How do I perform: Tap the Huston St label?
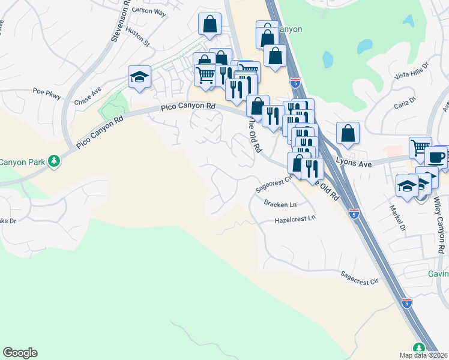[138, 36]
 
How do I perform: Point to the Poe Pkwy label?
[47, 92]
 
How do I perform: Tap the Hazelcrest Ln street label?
[294, 220]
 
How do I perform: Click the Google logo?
[20, 353]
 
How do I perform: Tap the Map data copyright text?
[424, 355]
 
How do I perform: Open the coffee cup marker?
[436, 157]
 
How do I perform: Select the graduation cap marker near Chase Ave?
[139, 77]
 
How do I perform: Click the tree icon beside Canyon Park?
[54, 161]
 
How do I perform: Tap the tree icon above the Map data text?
[418, 347]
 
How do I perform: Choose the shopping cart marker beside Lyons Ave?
[421, 147]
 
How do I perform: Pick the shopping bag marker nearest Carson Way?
[209, 23]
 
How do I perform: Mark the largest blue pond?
[365, 46]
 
